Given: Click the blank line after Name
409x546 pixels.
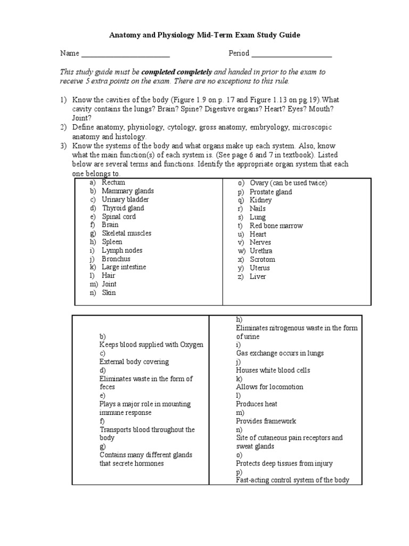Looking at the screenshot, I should pyautogui.click(x=125, y=54).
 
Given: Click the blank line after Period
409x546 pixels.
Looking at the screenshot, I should pyautogui.click(x=291, y=54).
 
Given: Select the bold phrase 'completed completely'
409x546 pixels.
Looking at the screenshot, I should pyautogui.click(x=176, y=71).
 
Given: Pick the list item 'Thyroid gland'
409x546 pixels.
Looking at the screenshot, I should pyautogui.click(x=123, y=208).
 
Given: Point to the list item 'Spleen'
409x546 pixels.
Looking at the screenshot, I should pyautogui.click(x=112, y=242).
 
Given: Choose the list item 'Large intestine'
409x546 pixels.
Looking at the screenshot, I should pyautogui.click(x=124, y=267).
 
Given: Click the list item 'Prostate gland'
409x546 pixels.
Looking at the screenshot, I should pyautogui.click(x=271, y=192).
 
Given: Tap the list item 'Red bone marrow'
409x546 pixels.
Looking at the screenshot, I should pyautogui.click(x=276, y=226).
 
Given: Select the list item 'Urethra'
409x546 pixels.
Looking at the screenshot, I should pyautogui.click(x=261, y=251).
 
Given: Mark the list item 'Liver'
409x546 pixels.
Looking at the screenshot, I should pyautogui.click(x=258, y=276).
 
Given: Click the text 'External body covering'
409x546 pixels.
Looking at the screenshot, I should pyautogui.click(x=134, y=362).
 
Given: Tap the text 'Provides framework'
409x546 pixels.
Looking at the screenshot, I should pyautogui.click(x=266, y=421).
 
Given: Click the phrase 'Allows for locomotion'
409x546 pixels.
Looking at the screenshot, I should pyautogui.click(x=270, y=387).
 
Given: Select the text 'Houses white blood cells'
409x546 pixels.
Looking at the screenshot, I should pyautogui.click(x=273, y=370).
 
